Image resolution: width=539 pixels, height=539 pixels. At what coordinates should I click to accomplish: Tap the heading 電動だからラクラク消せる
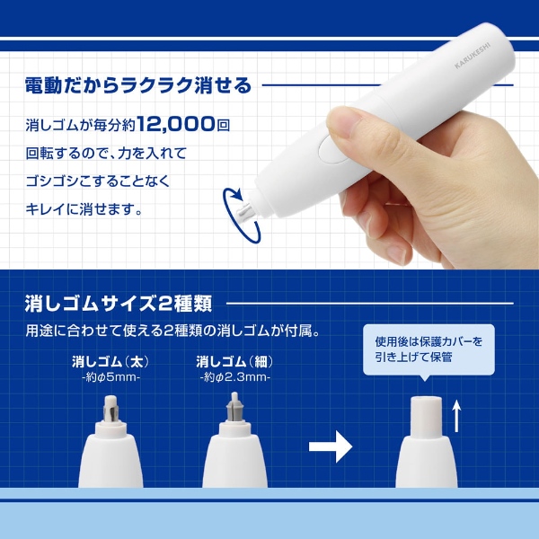[138, 86]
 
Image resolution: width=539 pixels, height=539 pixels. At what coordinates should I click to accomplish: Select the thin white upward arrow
[456, 415]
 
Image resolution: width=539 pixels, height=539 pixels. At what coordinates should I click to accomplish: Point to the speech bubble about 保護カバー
[429, 349]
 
